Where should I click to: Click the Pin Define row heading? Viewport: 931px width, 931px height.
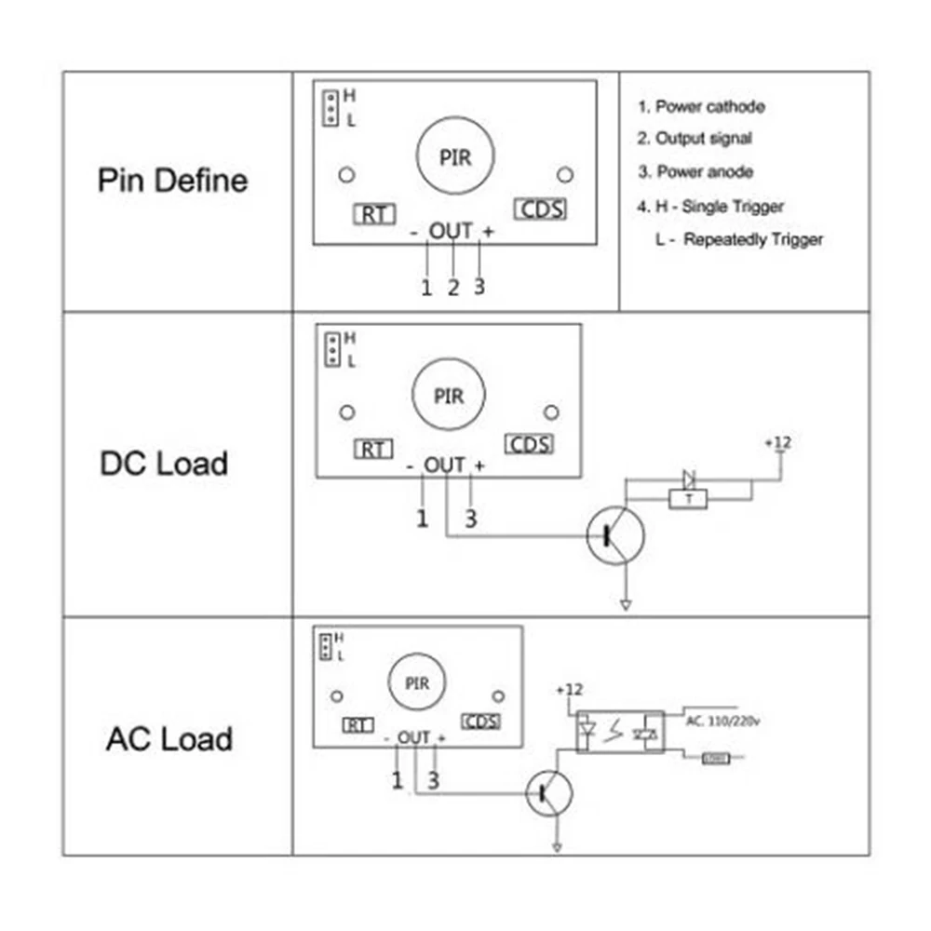[173, 180]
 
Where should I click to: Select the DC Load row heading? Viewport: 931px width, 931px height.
[164, 463]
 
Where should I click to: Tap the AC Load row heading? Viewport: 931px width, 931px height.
[169, 739]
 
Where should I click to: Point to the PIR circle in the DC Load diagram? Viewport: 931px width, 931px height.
[449, 396]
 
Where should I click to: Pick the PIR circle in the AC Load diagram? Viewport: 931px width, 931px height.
[417, 683]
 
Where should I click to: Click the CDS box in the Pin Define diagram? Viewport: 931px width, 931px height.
[540, 209]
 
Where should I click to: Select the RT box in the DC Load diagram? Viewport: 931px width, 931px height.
[373, 450]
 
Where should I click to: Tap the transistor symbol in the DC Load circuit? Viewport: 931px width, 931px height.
[615, 534]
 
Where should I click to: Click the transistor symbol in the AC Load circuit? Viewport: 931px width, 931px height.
[549, 793]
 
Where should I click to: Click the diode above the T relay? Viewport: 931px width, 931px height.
[689, 479]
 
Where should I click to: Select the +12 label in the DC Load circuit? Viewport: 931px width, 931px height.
[777, 442]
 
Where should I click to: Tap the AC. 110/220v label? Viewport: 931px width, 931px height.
[723, 720]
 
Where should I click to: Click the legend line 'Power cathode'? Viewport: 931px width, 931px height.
[701, 106]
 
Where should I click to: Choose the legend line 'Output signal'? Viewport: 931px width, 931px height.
[695, 139]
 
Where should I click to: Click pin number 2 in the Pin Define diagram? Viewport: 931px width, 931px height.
[453, 288]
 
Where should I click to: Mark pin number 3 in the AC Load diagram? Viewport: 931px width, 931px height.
[433, 780]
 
